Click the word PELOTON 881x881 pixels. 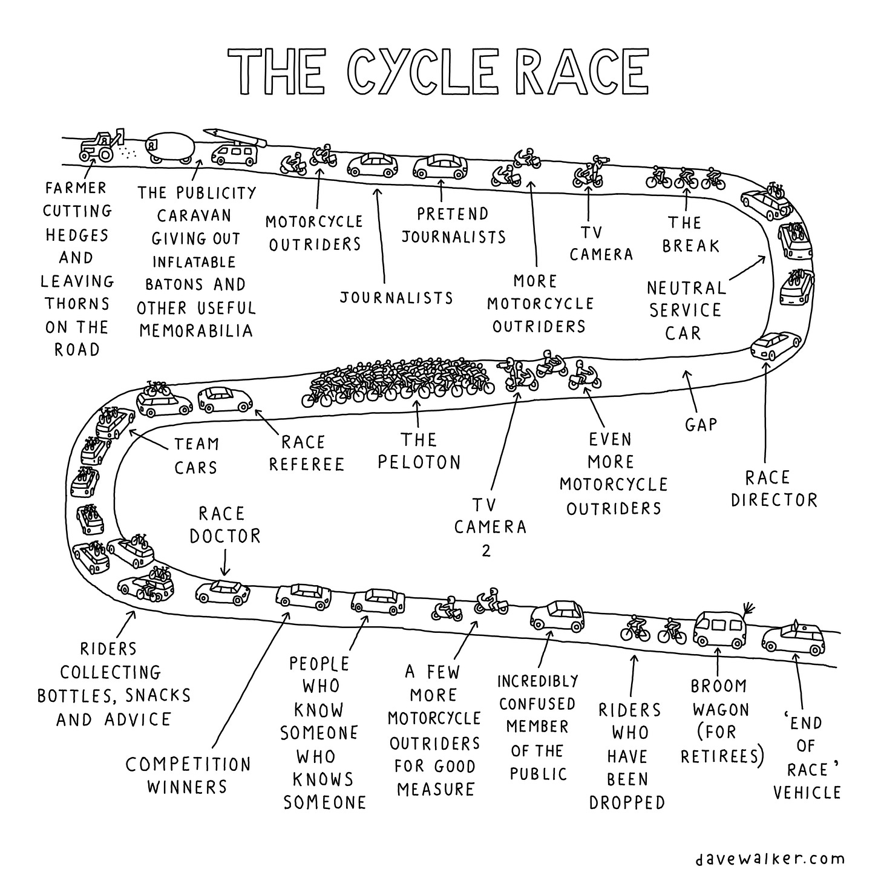tap(419, 462)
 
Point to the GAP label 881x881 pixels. tap(701, 425)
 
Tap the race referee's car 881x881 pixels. tap(225, 399)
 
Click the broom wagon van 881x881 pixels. tap(719, 629)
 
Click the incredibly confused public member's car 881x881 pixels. tap(557, 617)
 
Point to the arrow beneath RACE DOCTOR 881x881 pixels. tap(224, 562)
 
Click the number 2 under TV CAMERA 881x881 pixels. tap(486, 551)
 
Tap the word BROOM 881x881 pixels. tap(719, 686)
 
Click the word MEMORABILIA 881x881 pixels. tap(196, 330)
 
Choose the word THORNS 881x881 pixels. tap(76, 304)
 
